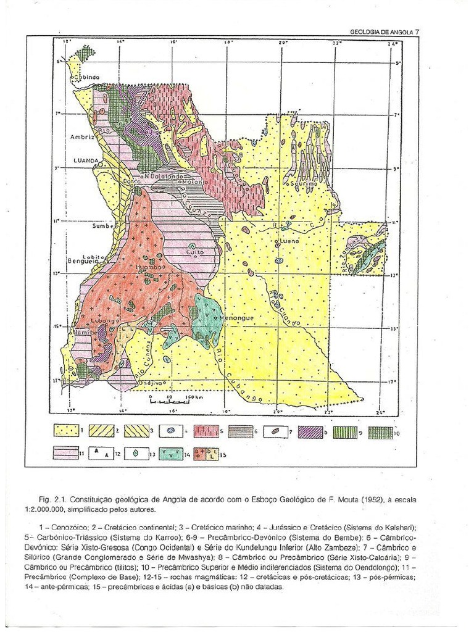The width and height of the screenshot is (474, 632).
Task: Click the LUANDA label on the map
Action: (x=86, y=160)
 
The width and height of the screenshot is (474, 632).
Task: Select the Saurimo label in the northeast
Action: (x=299, y=184)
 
